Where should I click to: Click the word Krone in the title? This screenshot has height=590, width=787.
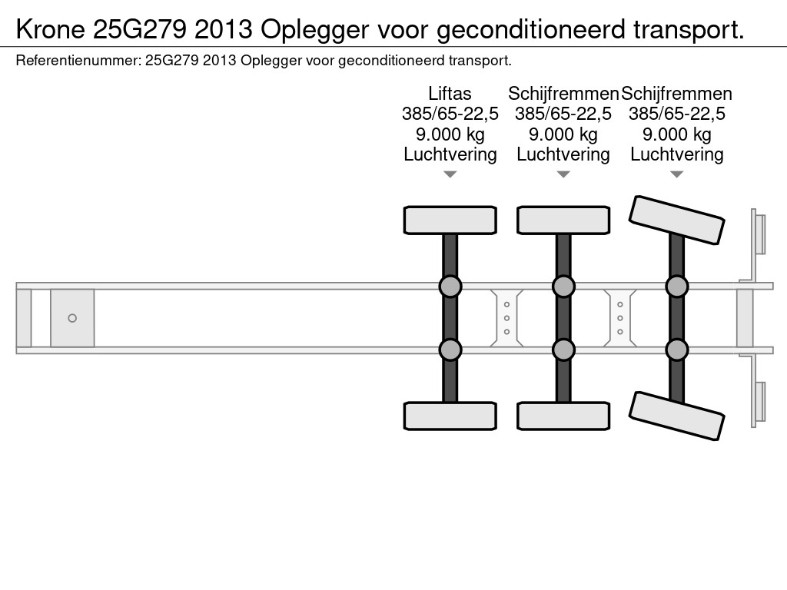(51, 30)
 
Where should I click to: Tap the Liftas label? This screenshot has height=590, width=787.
(450, 93)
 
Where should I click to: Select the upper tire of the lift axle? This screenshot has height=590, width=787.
(450, 220)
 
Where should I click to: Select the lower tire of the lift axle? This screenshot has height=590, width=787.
(450, 416)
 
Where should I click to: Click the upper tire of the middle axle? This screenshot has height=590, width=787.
(563, 220)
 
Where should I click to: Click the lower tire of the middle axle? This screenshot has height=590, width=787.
(563, 416)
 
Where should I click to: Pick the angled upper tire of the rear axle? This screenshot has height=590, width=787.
(676, 220)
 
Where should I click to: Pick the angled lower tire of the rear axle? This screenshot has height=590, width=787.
(676, 416)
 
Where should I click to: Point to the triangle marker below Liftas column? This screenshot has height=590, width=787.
(450, 174)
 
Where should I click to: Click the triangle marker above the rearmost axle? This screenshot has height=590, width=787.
(676, 174)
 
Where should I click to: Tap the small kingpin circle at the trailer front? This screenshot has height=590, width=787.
(72, 318)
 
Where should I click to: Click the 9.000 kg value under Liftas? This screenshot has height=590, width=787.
(450, 134)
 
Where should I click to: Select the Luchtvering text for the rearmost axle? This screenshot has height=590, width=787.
(676, 154)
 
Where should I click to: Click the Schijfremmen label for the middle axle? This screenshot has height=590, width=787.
(563, 93)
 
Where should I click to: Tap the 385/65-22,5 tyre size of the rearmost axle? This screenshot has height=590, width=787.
(676, 114)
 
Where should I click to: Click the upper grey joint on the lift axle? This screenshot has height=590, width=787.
(450, 287)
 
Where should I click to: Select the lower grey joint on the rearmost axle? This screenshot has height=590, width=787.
(676, 350)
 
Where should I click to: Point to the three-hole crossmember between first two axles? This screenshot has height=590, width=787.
(507, 318)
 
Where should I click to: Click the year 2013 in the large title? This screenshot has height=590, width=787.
(224, 30)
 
